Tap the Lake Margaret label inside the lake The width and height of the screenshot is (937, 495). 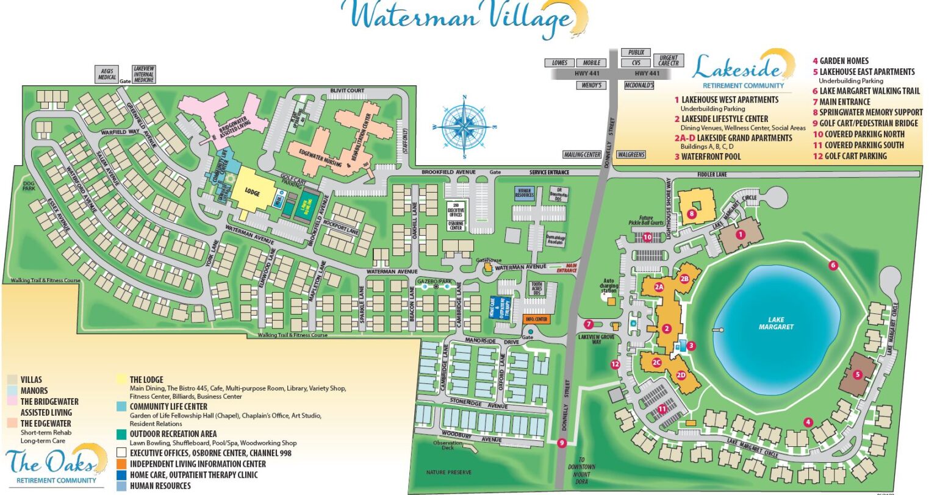(x=776, y=323)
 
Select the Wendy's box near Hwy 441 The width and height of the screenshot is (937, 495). (x=591, y=85)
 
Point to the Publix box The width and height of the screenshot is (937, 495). (x=636, y=52)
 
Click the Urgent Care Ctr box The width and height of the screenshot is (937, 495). (x=669, y=60)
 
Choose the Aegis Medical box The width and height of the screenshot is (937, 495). (x=107, y=74)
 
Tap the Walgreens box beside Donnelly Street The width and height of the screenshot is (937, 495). (x=631, y=155)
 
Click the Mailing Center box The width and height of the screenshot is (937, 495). (x=582, y=155)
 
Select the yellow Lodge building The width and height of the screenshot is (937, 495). (x=253, y=192)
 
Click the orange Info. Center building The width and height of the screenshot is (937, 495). (x=537, y=319)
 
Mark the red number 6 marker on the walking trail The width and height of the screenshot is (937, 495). (x=833, y=265)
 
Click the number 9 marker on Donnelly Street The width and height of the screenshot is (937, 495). (x=561, y=443)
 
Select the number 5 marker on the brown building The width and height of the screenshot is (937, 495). (x=857, y=374)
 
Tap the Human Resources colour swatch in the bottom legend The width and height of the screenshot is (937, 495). (x=122, y=486)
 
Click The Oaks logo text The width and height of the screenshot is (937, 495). (x=52, y=463)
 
